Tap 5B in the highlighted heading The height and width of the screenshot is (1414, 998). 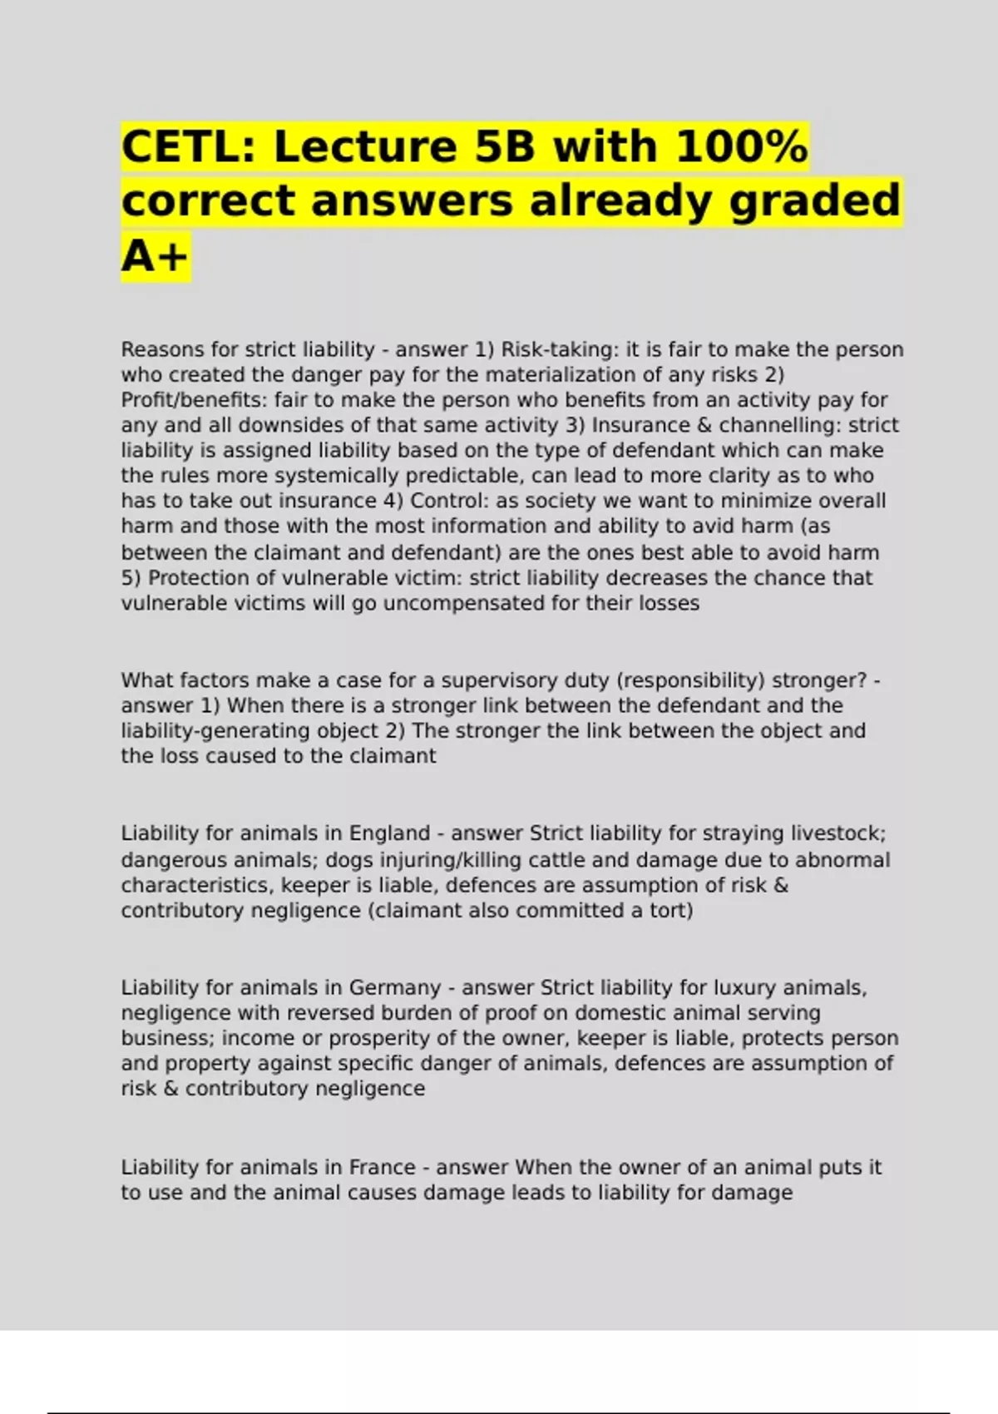[496, 147]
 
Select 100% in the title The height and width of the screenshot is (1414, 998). [740, 147]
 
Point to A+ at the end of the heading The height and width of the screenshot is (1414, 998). [156, 255]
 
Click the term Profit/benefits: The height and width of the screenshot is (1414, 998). [193, 400]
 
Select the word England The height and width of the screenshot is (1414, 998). [389, 833]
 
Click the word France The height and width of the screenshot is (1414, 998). [382, 1167]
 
